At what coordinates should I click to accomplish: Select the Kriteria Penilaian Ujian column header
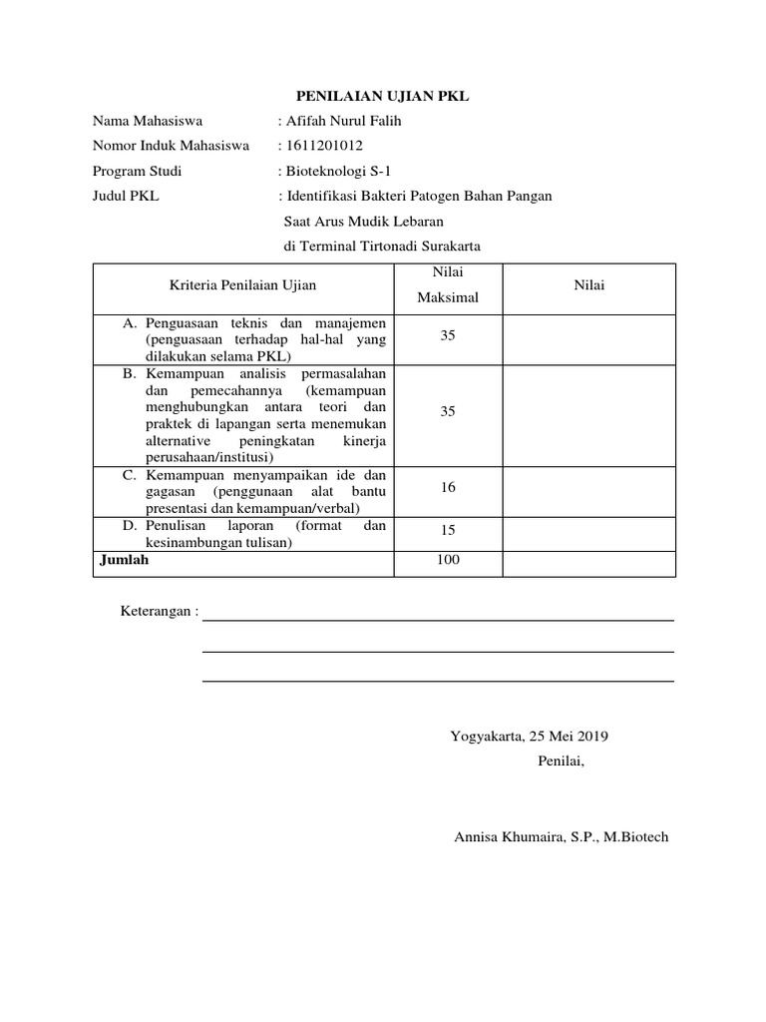243,285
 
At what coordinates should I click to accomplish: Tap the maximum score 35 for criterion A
448,336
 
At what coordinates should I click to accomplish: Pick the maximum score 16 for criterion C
448,487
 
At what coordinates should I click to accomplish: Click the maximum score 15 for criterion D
448,532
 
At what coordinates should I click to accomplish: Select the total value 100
448,560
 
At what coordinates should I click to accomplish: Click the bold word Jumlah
125,560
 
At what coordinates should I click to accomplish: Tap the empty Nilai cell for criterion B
588,411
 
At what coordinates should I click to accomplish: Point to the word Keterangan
156,611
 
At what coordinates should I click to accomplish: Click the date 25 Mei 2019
569,738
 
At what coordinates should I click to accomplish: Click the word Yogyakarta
487,738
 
